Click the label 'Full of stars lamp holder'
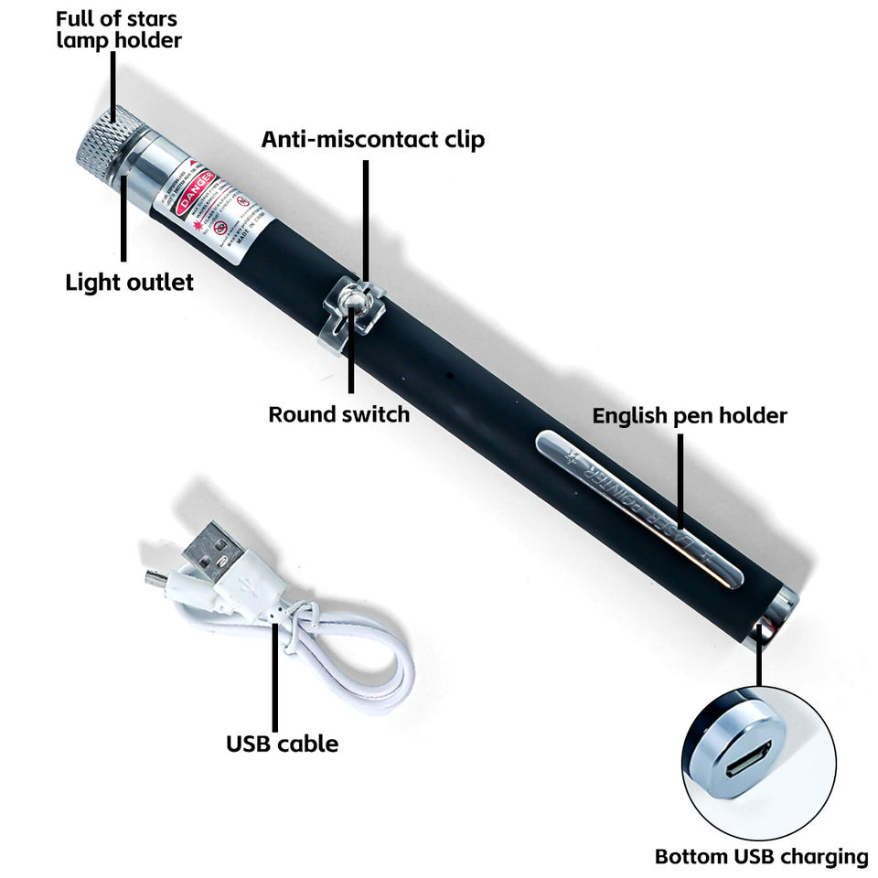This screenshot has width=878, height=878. (x=117, y=29)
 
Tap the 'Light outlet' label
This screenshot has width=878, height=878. (x=129, y=282)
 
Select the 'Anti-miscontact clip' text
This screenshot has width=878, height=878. (x=373, y=139)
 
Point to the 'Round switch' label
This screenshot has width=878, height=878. (x=338, y=414)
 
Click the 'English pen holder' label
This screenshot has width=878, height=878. (x=690, y=415)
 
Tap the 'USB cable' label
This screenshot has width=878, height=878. (x=282, y=744)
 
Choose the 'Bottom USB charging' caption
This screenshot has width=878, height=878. (x=761, y=857)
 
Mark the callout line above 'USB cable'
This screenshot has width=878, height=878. (x=274, y=672)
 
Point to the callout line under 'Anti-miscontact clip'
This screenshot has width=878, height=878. (x=366, y=219)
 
